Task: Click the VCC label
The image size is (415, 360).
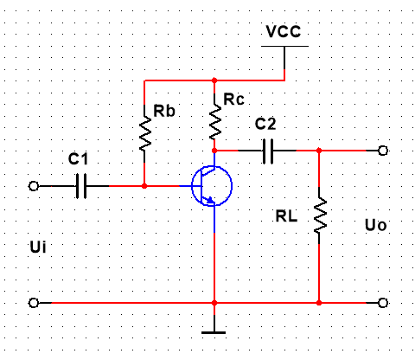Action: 284,31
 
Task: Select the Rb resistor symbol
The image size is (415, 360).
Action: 145,133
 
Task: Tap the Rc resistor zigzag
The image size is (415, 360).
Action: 214,122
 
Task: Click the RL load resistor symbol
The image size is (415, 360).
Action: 320,215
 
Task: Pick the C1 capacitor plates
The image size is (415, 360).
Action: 81,186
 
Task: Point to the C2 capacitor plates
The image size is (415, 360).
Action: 268,151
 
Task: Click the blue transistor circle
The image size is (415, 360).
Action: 212,186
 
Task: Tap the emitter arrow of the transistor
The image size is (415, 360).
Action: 210,200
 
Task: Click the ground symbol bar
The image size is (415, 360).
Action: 214,332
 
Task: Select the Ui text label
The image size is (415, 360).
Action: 38,247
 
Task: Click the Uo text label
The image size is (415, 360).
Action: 375,225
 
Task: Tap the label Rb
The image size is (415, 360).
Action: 164,111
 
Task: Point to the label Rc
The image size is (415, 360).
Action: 233,100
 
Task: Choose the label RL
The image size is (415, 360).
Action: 286,215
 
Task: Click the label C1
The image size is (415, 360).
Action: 78,158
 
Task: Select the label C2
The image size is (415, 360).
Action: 265,124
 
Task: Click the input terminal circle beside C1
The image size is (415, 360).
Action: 34,186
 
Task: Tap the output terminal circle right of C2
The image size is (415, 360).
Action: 383,151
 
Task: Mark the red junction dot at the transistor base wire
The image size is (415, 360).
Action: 144,186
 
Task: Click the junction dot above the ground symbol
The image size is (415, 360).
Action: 214,303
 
